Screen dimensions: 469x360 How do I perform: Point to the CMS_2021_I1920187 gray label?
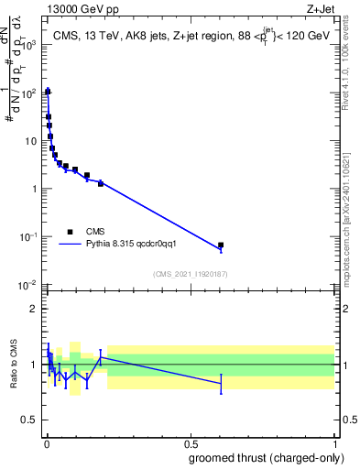190,273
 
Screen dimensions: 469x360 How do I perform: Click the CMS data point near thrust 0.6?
221,245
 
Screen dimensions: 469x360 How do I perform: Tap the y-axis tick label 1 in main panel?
34,189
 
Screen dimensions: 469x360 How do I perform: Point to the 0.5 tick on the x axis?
191,442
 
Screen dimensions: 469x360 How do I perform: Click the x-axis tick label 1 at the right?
335,442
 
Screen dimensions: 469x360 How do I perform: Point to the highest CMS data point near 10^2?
48,92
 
